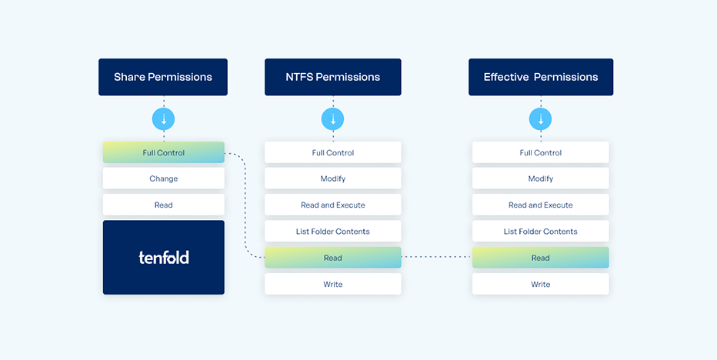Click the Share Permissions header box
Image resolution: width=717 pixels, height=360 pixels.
pos(163,77)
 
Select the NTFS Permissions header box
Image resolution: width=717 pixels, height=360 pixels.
pos(333,77)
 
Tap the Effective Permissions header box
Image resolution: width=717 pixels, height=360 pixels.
pos(541,77)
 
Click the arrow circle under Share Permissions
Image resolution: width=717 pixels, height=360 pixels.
pos(164,119)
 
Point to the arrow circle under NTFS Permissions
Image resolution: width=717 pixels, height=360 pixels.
pos(333,119)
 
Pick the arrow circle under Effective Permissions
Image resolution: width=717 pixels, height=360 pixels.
pos(541,119)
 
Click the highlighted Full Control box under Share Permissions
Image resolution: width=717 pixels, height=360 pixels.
pos(164,152)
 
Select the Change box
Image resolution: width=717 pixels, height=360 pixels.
pos(164,178)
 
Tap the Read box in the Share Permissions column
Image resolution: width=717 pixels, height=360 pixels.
pos(164,205)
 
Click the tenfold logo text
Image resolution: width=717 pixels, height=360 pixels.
pos(164,257)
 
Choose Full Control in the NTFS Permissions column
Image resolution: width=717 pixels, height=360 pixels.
pos(333,152)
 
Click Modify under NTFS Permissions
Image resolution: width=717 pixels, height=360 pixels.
pos(333,178)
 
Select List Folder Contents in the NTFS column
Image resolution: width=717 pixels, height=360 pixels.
pos(333,232)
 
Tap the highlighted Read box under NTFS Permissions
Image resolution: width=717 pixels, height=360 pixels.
pos(333,258)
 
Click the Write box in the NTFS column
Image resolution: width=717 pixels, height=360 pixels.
pos(333,284)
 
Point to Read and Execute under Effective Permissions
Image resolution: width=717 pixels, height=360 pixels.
pos(541,205)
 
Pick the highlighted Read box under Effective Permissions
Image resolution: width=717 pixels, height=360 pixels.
pos(541,258)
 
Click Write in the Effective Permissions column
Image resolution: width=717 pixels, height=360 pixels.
pos(541,284)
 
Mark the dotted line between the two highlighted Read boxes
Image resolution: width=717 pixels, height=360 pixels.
pos(437,257)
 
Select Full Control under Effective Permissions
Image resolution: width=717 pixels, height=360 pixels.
pos(541,152)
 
